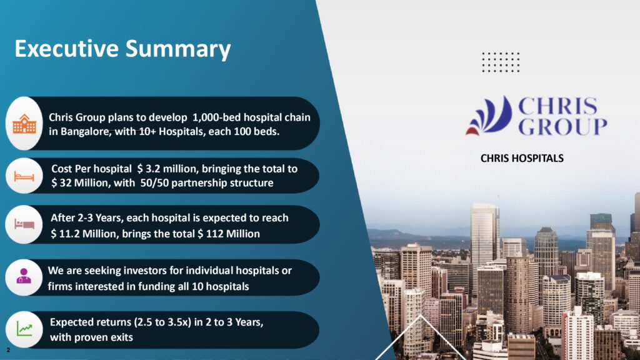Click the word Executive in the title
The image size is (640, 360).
click(66, 48)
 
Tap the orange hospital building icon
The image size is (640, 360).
click(24, 124)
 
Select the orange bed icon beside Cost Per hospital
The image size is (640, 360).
click(24, 176)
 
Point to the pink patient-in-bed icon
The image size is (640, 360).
click(24, 224)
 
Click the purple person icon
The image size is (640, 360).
click(24, 276)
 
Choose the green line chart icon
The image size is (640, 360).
click(24, 329)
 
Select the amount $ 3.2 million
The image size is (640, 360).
click(167, 169)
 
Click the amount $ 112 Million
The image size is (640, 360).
click(229, 234)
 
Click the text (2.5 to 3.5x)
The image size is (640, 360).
click(162, 322)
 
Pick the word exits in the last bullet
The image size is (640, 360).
click(122, 337)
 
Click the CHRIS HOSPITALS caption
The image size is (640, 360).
click(522, 158)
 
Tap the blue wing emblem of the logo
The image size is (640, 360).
click(490, 116)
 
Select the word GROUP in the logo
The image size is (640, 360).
click(562, 126)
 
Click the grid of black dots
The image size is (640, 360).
click(501, 62)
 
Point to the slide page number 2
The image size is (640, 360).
click(8, 350)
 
